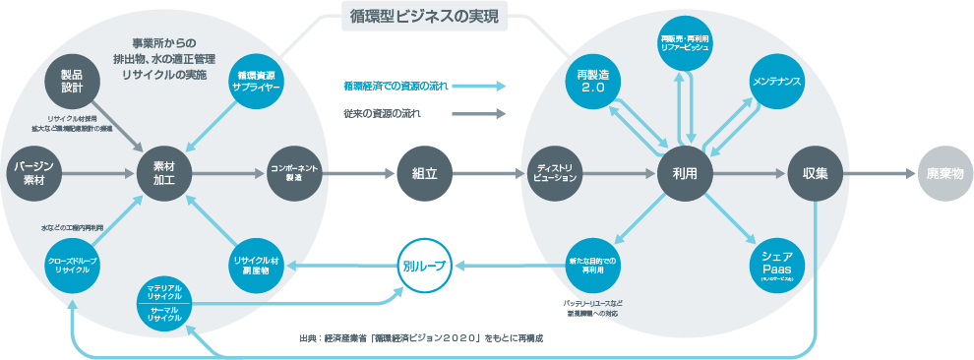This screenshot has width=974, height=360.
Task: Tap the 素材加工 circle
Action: click(x=162, y=173)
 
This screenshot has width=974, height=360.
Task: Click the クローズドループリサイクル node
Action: click(x=70, y=265)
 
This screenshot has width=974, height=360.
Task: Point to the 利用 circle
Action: click(x=685, y=173)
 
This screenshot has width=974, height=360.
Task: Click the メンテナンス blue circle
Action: click(x=777, y=81)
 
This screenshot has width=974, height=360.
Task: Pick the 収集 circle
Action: click(x=814, y=173)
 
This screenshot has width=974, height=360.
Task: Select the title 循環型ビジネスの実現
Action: click(x=424, y=16)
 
